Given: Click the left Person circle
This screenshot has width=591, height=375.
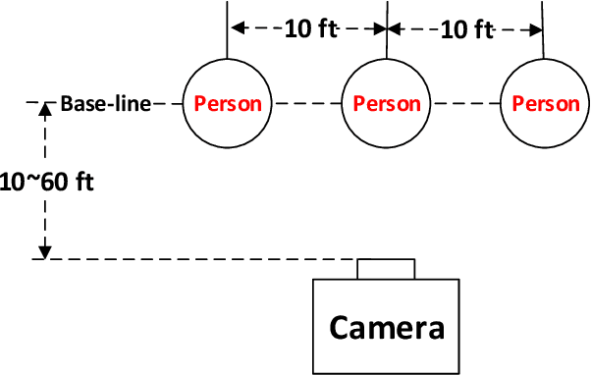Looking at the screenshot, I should click(227, 103).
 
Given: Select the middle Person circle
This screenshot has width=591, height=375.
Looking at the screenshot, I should click(386, 103).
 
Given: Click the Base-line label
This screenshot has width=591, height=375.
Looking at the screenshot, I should click(105, 103).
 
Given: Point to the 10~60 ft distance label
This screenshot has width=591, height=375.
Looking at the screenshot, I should click(47, 182).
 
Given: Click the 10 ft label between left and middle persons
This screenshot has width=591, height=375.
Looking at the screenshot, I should click(311, 29).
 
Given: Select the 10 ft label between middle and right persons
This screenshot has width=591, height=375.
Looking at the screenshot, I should click(467, 29).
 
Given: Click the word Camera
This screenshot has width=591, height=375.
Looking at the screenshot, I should click(386, 326).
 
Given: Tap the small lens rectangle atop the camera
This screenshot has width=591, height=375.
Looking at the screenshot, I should click(386, 268).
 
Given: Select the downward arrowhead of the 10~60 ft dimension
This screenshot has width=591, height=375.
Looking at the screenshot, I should click(43, 252).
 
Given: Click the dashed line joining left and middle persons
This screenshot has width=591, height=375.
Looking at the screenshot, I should click(306, 102).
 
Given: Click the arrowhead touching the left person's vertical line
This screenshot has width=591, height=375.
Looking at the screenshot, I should click(235, 29).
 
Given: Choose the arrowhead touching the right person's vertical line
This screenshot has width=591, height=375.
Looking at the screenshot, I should click(537, 29).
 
